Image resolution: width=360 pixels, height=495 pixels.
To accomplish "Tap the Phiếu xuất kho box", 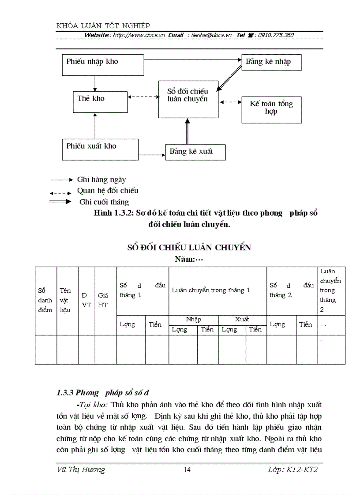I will [x=101, y=149].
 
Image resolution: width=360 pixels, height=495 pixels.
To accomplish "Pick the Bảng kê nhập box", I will [x=271, y=62].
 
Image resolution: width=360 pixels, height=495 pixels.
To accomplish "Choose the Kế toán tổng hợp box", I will [x=271, y=108].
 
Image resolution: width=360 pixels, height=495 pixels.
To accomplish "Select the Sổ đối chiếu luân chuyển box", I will [x=188, y=99].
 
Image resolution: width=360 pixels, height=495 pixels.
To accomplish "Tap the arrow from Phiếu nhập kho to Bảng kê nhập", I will [x=193, y=59].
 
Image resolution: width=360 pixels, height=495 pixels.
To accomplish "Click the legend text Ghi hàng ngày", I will [x=101, y=179].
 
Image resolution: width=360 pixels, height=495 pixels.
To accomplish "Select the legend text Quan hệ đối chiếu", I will [x=108, y=190].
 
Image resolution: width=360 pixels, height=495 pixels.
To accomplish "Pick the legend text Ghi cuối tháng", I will [x=104, y=202].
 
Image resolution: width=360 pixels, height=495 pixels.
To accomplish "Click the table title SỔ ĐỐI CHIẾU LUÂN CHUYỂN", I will [x=189, y=248].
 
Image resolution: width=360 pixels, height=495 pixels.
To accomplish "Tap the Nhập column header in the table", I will [x=193, y=319].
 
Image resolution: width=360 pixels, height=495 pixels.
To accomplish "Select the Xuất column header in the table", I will [x=242, y=319].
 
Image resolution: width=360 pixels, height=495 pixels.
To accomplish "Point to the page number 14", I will [x=187, y=470].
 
